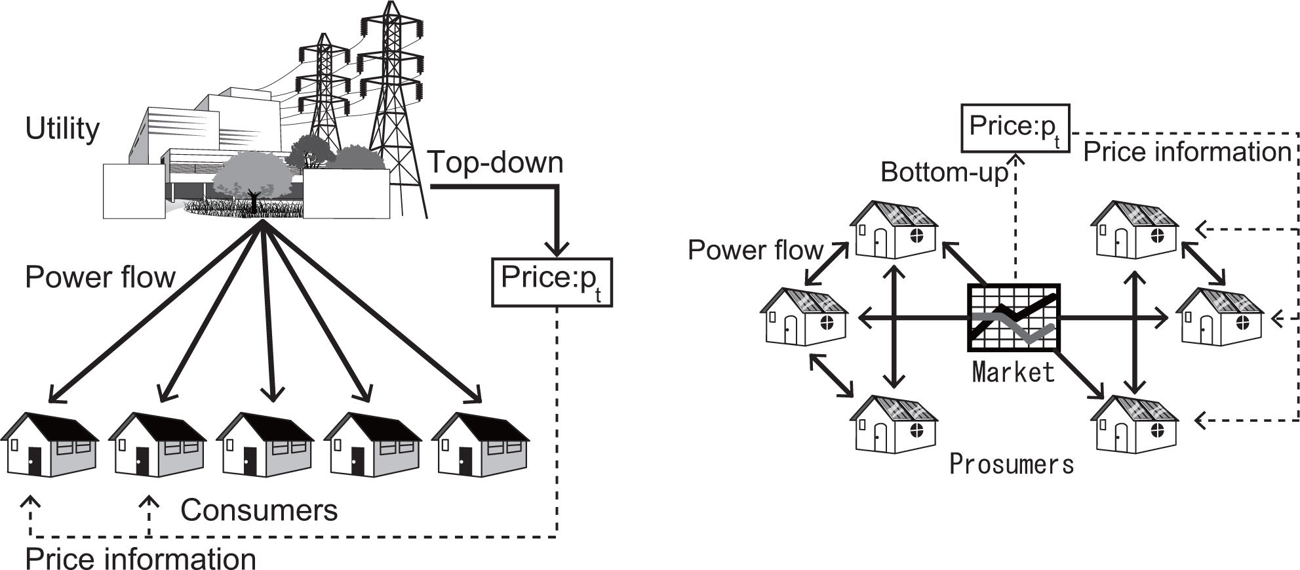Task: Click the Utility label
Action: [62, 129]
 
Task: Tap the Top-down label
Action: [495, 162]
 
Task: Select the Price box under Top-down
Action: [551, 282]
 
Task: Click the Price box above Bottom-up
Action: [1015, 128]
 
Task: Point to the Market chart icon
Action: [1014, 317]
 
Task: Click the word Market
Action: [1013, 372]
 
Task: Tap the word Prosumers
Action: [1012, 464]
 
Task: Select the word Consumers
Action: [259, 510]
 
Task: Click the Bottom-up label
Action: [944, 172]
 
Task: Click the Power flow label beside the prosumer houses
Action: [755, 250]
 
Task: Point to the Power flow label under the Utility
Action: [100, 277]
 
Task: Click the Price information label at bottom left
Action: [140, 559]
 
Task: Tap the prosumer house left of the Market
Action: [804, 317]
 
